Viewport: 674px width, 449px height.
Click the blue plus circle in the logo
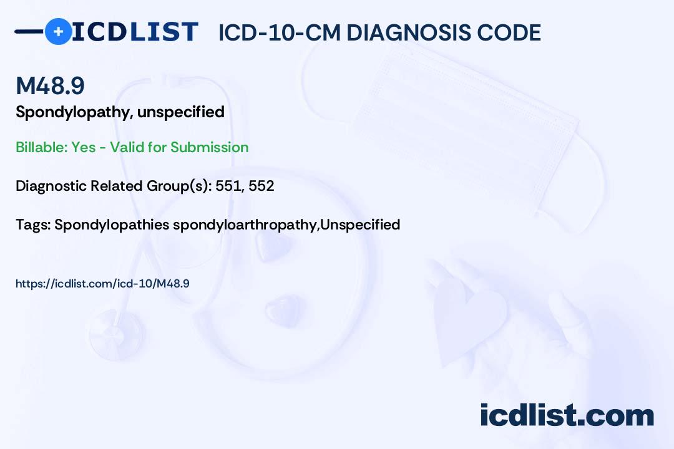[x=59, y=31]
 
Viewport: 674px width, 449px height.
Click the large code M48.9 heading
[x=51, y=85]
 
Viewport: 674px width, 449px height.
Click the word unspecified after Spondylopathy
[x=181, y=113]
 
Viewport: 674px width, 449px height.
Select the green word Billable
[x=41, y=147]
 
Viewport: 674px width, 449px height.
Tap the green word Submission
[x=209, y=147]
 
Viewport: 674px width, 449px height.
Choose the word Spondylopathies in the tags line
[x=112, y=225]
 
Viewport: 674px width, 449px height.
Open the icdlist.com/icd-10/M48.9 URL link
[x=102, y=284]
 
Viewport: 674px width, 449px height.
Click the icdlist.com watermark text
[x=567, y=415]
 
